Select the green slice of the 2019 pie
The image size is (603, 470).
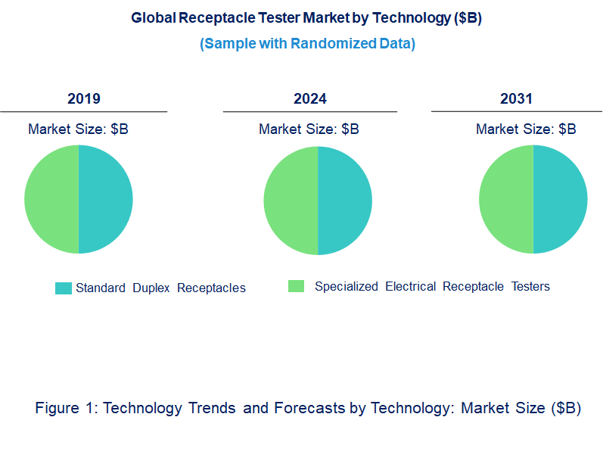51,199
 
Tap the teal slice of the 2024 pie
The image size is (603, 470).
345,201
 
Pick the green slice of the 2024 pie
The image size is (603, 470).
291,201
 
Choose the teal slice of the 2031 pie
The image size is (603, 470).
561,199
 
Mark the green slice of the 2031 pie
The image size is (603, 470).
506,199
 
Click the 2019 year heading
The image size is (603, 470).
84,99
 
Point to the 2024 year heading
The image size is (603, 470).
310,99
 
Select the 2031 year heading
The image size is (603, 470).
516,99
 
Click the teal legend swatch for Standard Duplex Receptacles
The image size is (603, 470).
64,288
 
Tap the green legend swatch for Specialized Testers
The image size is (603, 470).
297,286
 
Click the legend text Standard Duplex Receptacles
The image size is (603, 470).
160,288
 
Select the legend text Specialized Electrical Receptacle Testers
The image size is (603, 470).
432,287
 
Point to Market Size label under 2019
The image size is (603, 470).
78,129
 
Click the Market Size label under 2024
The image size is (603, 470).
309,129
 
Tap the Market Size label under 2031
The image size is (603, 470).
526,129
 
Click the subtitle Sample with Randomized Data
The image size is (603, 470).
307,44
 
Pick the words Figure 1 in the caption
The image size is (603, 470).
67,409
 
